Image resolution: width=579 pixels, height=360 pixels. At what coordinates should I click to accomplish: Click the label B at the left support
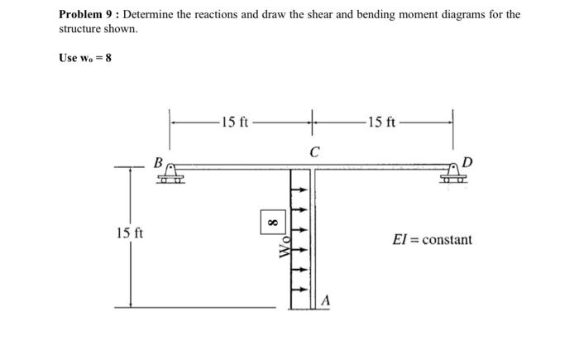156,161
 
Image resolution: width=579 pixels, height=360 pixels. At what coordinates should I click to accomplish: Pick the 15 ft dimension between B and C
233,123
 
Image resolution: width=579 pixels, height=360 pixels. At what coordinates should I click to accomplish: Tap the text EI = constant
433,240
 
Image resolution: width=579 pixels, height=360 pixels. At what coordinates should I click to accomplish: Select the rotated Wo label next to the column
284,246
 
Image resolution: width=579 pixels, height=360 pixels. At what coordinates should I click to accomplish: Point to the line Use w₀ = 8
85,58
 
